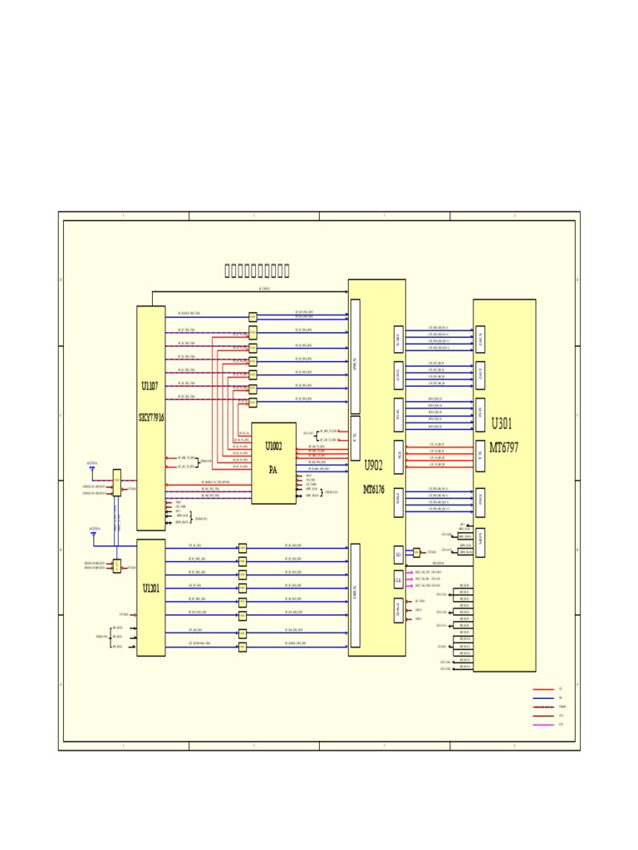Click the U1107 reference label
pyautogui.click(x=150, y=386)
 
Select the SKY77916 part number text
pyautogui.click(x=151, y=418)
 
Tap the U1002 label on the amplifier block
pyautogui.click(x=273, y=447)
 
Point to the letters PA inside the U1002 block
pyautogui.click(x=273, y=470)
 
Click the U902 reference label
pyautogui.click(x=374, y=466)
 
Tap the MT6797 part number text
pyautogui.click(x=503, y=447)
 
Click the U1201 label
pyautogui.click(x=150, y=589)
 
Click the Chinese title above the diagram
pyautogui.click(x=257, y=271)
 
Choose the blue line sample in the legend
pyautogui.click(x=542, y=698)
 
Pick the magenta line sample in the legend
pyautogui.click(x=542, y=725)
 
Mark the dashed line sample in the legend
pyautogui.click(x=542, y=706)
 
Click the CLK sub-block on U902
pyautogui.click(x=399, y=579)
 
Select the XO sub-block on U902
pyautogui.click(x=399, y=554)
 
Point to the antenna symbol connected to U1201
pyautogui.click(x=93, y=535)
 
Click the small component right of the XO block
pyautogui.click(x=417, y=552)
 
